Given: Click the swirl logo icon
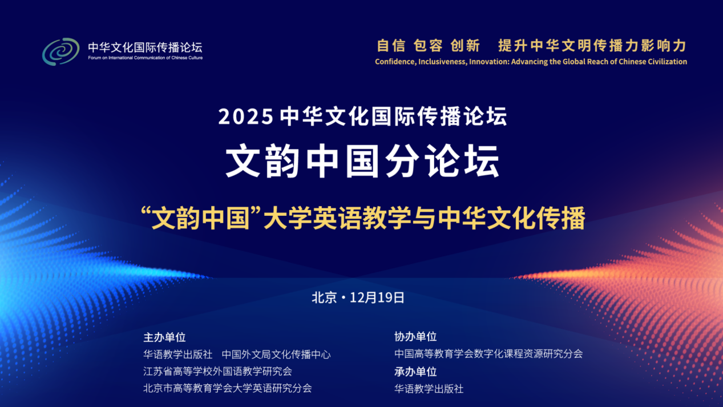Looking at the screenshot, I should click(60, 51).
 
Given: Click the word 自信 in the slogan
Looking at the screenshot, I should click(391, 45).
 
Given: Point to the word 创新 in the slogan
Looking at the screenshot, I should click(465, 45).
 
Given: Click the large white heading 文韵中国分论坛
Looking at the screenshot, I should click(362, 162).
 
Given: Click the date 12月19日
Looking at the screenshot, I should click(377, 297).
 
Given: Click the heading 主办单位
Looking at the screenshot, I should click(164, 337).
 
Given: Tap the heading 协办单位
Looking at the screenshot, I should click(415, 337).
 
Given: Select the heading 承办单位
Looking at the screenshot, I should click(415, 372).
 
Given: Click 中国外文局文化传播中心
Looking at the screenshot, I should click(276, 354).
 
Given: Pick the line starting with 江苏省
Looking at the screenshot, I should click(217, 371).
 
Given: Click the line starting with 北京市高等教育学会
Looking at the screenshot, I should click(228, 388).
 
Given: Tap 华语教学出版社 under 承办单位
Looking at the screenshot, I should click(429, 389).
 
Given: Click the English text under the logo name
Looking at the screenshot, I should click(145, 58).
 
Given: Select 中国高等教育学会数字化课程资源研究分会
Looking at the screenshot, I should click(488, 354).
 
